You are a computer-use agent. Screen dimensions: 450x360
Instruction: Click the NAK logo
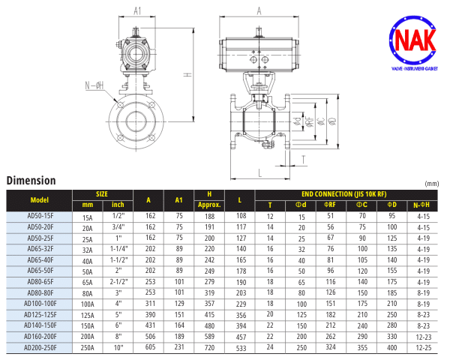point(413,43)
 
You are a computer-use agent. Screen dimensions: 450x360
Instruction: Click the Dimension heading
point(31,181)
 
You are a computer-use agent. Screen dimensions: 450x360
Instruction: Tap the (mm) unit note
point(432,184)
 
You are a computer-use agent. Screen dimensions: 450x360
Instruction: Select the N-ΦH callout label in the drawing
point(94,85)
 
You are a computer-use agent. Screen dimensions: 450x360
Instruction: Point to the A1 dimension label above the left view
point(137,11)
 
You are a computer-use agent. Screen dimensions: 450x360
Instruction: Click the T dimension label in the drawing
point(303,160)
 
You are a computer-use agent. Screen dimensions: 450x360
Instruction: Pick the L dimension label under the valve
point(260,172)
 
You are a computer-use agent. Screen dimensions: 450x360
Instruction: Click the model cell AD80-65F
point(40,282)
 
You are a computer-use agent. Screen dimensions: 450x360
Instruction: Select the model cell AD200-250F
point(40,348)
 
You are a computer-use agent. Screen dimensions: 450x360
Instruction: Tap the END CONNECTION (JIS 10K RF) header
point(343,194)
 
